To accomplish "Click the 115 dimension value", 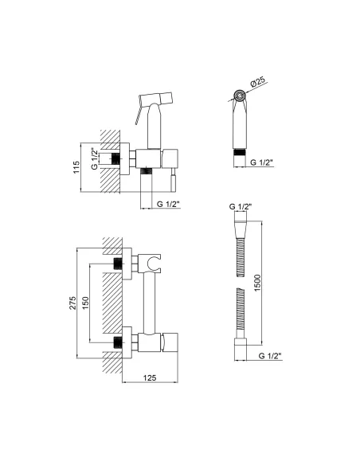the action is (x=76, y=167).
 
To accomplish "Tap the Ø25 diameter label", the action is (x=258, y=81).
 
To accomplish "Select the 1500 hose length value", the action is (x=257, y=283).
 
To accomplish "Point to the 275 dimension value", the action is (x=72, y=303).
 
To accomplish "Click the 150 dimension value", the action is (x=85, y=303).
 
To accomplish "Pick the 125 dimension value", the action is (x=150, y=377).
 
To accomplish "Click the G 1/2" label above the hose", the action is (x=241, y=206).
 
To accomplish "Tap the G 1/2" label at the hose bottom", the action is (x=270, y=356).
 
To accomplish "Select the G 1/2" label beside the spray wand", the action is (x=262, y=162).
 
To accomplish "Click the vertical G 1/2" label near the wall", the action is (x=95, y=158).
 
